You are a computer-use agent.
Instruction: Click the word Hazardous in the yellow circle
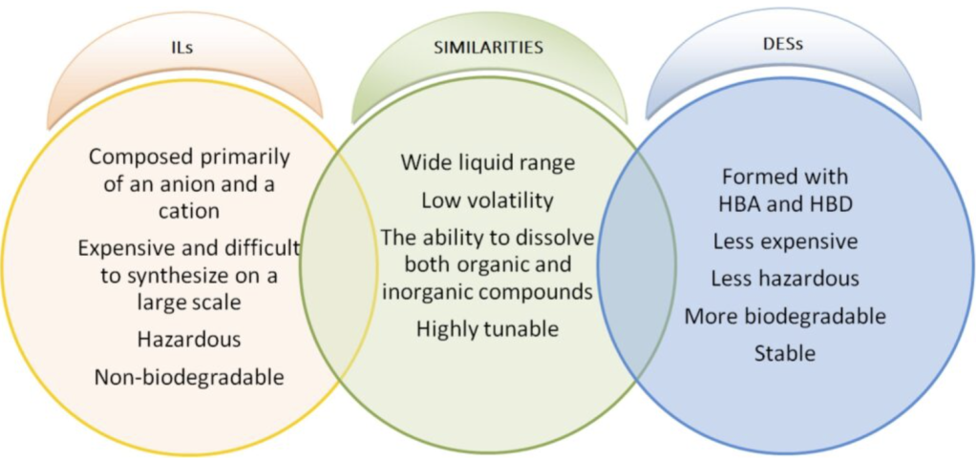coord(189,339)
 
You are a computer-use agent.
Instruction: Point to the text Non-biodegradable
coord(189,377)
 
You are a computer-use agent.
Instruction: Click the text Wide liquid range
coord(489,162)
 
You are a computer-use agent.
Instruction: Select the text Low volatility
coord(488,200)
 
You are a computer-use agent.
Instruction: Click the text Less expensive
coord(785,241)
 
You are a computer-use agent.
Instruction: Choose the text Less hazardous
coord(785,278)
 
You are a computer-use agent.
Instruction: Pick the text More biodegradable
coord(785,316)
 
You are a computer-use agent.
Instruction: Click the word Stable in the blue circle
coord(785,353)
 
